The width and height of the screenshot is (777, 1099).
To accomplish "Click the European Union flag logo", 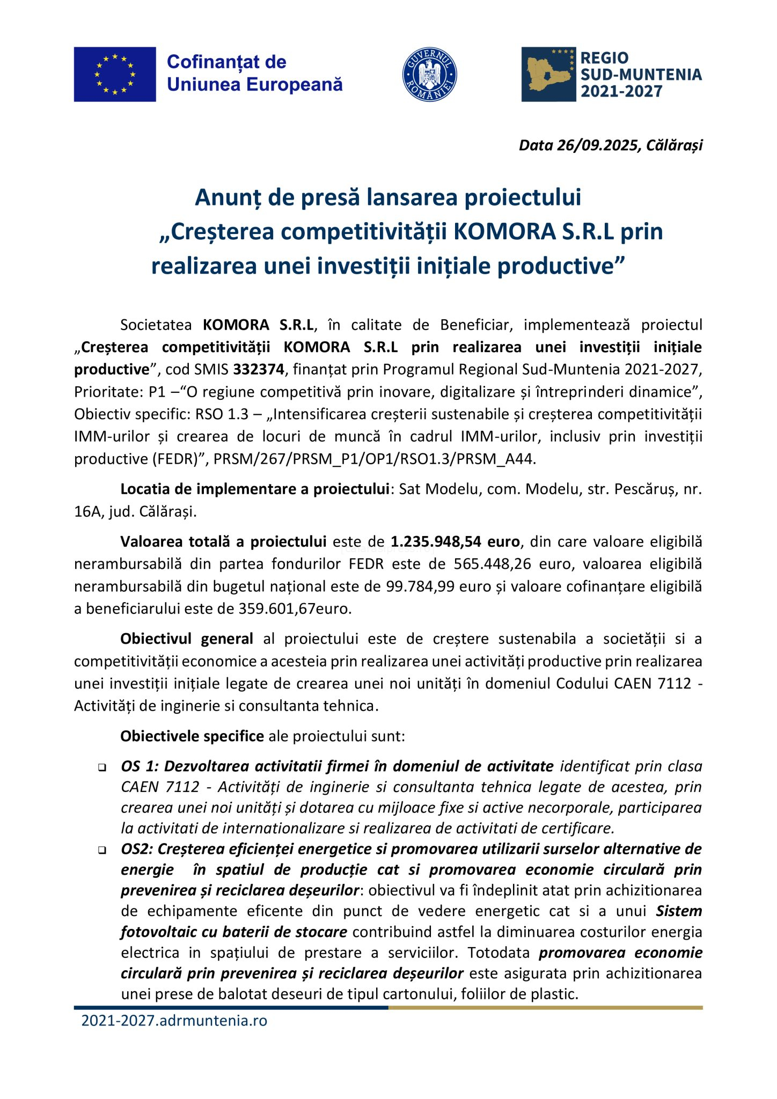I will tap(115, 74).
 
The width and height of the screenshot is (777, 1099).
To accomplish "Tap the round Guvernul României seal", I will tap(429, 75).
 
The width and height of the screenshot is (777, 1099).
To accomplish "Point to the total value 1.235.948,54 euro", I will tap(455, 541).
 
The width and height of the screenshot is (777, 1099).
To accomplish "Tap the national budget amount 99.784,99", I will tap(420, 587).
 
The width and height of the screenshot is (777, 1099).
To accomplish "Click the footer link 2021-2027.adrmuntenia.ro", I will tap(174, 1020).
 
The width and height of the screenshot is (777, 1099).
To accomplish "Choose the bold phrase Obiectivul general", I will tap(186, 639).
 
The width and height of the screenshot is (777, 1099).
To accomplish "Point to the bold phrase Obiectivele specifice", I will tap(192, 736).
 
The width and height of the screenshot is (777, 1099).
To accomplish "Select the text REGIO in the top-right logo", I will tap(604, 58).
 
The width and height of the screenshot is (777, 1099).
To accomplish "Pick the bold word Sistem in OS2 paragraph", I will tap(679, 911).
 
